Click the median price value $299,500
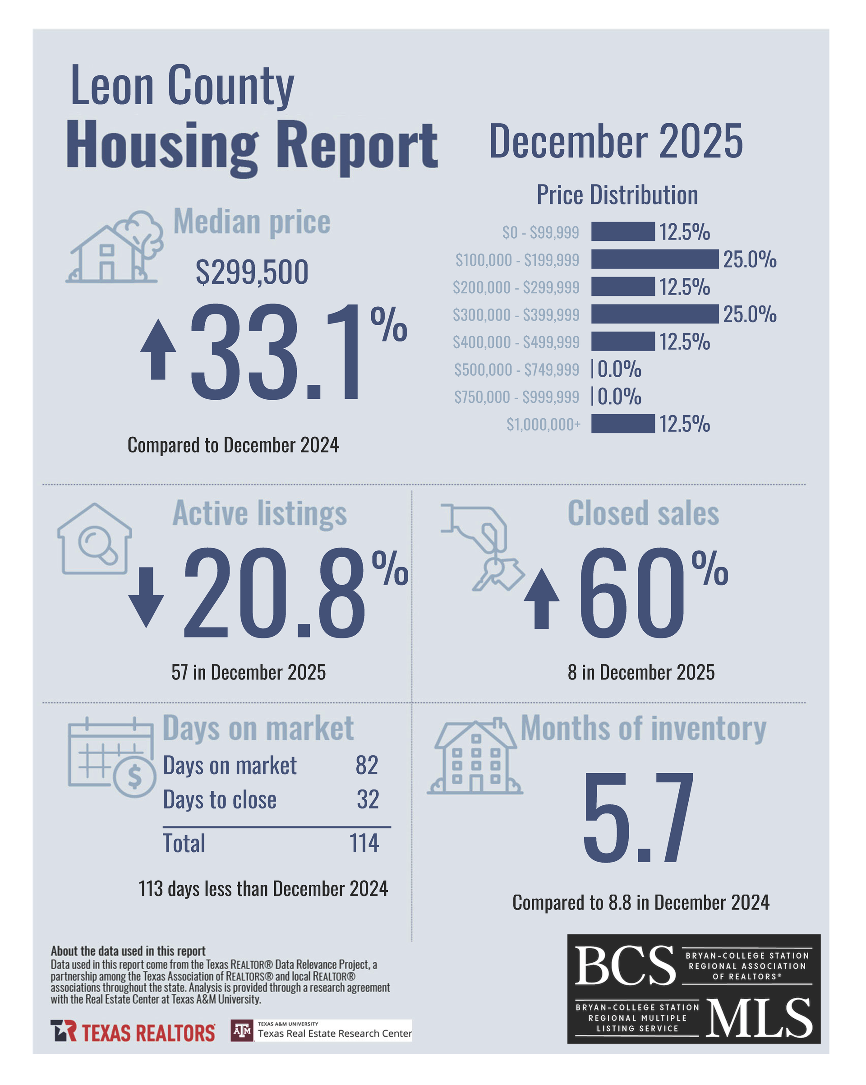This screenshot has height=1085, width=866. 252,272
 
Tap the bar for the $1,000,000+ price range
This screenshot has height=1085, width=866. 623,424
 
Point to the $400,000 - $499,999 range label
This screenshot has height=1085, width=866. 516,342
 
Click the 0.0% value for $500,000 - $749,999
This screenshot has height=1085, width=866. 619,369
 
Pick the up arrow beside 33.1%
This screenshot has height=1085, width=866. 158,349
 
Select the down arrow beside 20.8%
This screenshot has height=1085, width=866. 146,597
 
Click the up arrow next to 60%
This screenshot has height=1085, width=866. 541,598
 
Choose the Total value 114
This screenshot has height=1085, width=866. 364,843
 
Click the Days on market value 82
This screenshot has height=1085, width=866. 367,765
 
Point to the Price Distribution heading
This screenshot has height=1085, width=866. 617,195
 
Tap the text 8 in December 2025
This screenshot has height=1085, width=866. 640,672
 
